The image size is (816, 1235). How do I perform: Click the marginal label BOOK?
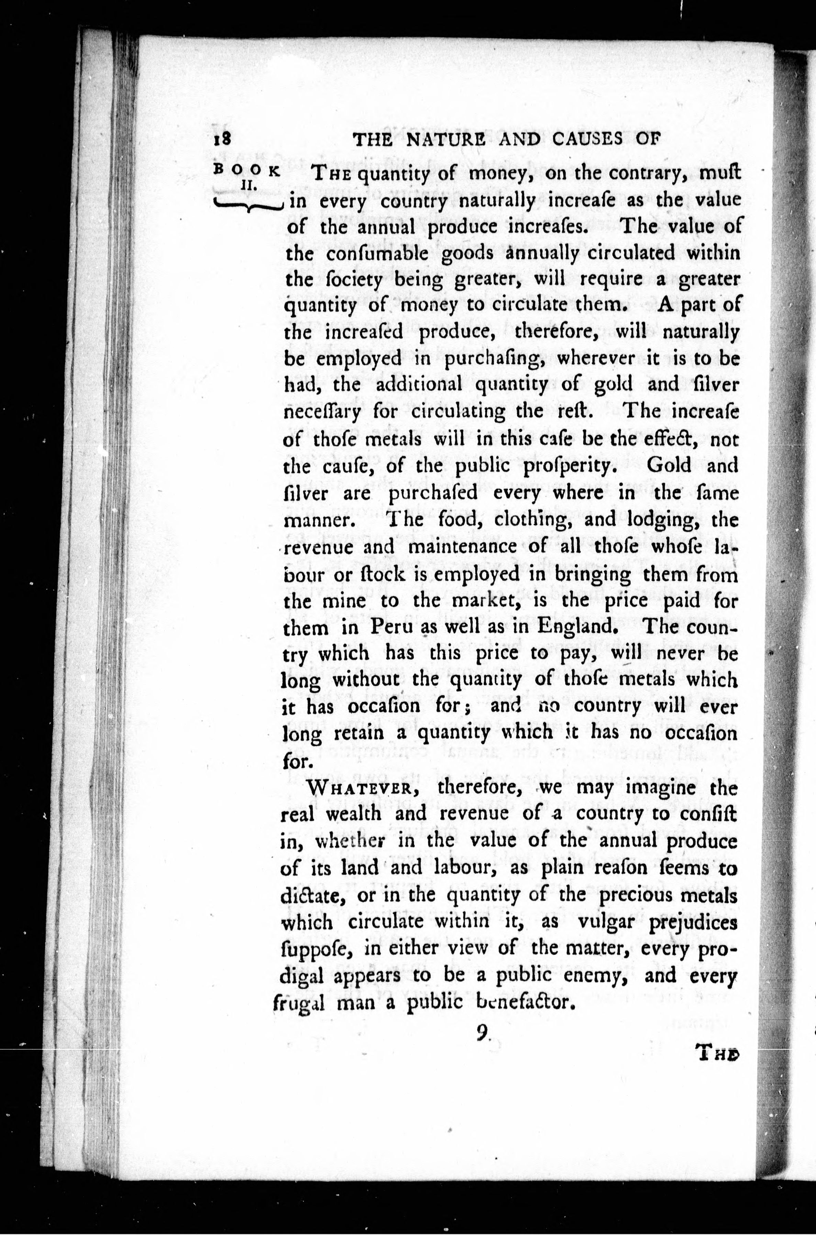pyautogui.click(x=247, y=170)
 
